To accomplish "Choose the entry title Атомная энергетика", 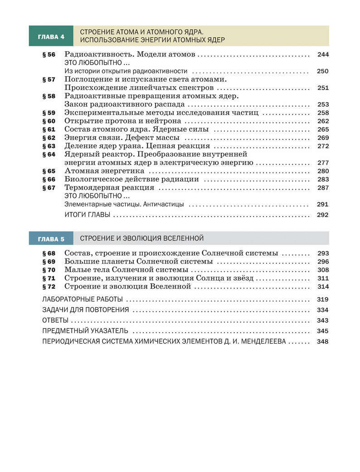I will pyautogui.click(x=104, y=171).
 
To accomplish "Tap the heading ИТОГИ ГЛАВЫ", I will pyautogui.click(x=88, y=215).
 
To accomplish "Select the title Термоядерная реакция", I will pyautogui.click(x=109, y=187).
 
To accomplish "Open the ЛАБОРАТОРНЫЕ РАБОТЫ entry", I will pyautogui.click(x=82, y=299).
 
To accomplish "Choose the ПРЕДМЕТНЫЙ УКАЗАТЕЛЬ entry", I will pyautogui.click(x=85, y=331).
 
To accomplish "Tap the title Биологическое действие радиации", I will pyautogui.click(x=132, y=179).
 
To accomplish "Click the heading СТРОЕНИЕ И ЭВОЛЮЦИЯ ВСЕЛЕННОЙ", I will pyautogui.click(x=142, y=238).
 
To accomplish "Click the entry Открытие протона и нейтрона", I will pyautogui.click(x=123, y=121).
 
